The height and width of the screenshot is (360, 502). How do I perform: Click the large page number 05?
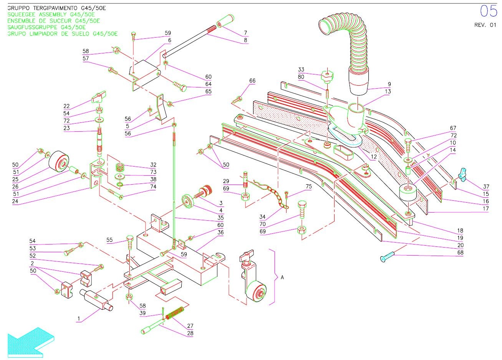[x=489, y=11]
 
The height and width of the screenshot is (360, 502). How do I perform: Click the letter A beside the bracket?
[x=282, y=277]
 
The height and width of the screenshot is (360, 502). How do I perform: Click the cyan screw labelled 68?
[x=392, y=256]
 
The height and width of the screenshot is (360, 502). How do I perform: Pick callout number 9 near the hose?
[x=389, y=84]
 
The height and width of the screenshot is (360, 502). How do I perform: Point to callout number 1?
[x=79, y=319]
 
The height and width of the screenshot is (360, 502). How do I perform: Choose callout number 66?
[x=252, y=81]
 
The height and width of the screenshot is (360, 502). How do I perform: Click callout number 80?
[x=301, y=77]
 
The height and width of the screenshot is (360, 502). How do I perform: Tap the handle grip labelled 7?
[x=227, y=22]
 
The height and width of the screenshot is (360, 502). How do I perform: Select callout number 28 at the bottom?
[x=190, y=333]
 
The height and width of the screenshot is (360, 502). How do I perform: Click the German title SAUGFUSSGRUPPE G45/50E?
[x=46, y=27]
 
